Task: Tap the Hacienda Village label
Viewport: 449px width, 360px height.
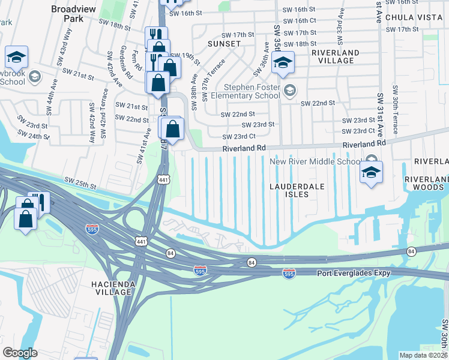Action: pyautogui.click(x=109, y=287)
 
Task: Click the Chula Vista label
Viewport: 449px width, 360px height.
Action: pyautogui.click(x=414, y=17)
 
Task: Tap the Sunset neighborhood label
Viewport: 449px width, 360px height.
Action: pyautogui.click(x=224, y=44)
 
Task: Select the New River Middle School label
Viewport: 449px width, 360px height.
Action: pyautogui.click(x=315, y=161)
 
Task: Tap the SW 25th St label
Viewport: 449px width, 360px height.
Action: pyautogui.click(x=80, y=181)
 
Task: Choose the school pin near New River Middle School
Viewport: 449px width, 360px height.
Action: pyautogui.click(x=372, y=173)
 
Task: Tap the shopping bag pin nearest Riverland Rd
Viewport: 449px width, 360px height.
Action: pyautogui.click(x=172, y=129)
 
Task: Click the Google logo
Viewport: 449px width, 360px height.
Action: pyautogui.click(x=20, y=353)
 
